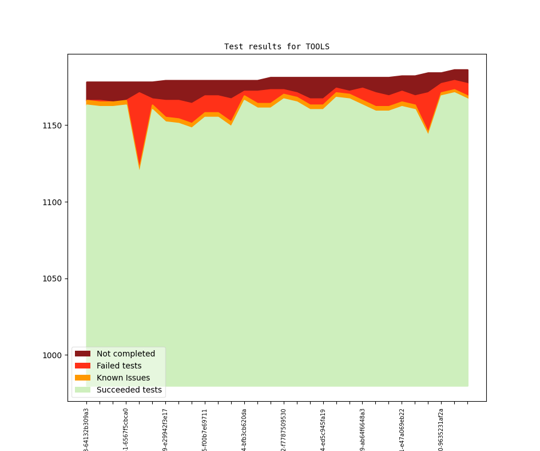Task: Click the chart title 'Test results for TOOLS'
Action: coord(276,46)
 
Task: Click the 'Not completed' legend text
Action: coord(126,354)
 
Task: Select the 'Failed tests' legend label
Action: coord(119,366)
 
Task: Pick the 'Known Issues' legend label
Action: coord(123,378)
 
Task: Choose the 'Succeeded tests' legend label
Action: coord(129,390)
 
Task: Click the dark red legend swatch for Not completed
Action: coord(82,354)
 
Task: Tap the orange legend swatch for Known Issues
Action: coord(82,378)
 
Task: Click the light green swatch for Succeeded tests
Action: coord(82,390)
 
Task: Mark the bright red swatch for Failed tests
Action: coord(82,366)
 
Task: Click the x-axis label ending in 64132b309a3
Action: coord(86,429)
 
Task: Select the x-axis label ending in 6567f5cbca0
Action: coord(126,429)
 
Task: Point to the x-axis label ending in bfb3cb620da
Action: coord(244,429)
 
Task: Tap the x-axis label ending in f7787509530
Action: coord(284,429)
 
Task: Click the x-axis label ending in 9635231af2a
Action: coord(441,429)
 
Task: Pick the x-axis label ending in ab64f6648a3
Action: coord(363,429)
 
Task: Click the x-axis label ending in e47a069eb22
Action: coord(402,429)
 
